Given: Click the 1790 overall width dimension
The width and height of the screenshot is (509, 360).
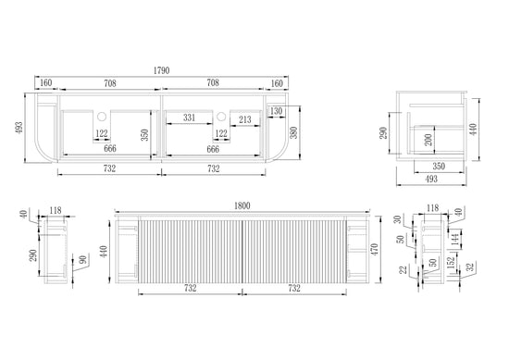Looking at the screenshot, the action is tap(161, 70).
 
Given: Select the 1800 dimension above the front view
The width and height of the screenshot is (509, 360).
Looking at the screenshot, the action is tap(242, 205).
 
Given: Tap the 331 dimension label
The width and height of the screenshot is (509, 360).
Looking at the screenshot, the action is tap(189, 118).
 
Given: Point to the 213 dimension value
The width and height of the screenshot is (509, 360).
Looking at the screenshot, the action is tap(245, 119).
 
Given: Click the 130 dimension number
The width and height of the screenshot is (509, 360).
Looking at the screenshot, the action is tap(276, 111).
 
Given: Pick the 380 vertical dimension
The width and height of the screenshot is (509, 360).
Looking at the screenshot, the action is tap(293, 132).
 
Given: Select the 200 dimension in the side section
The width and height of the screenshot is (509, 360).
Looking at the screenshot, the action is tap(428, 140).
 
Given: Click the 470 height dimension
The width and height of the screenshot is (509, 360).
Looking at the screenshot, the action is tap(374, 249).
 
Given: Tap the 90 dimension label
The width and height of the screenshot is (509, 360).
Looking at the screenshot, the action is tap(83, 260).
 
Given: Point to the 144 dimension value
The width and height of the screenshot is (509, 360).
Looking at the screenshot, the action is tap(455, 240).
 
